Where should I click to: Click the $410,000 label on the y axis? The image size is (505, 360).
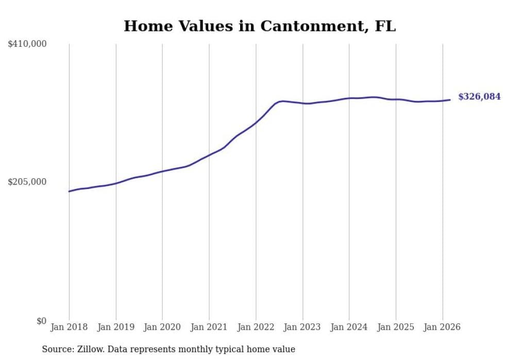pos(27,44)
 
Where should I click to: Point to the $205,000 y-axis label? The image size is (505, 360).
pos(27,182)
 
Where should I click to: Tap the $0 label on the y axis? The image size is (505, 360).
pos(41,321)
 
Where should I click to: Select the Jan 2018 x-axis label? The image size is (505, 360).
pos(69,327)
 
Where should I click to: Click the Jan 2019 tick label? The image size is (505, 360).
pos(115,327)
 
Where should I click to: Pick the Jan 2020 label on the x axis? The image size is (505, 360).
pos(162,327)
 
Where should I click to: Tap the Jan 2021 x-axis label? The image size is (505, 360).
pos(209,327)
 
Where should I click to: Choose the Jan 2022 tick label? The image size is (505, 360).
pos(256,327)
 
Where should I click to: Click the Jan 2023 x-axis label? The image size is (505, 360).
pos(302,327)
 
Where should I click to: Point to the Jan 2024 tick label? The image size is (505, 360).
pos(349,327)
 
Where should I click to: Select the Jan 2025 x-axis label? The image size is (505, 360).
pos(396,327)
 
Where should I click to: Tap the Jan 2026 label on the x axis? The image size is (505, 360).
pos(442,327)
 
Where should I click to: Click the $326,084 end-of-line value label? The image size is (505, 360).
pos(479,97)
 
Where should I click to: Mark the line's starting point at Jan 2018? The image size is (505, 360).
pos(69,192)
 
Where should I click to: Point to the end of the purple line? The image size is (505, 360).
pos(450,99)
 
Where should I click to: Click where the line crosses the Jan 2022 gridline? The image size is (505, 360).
pos(256,123)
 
